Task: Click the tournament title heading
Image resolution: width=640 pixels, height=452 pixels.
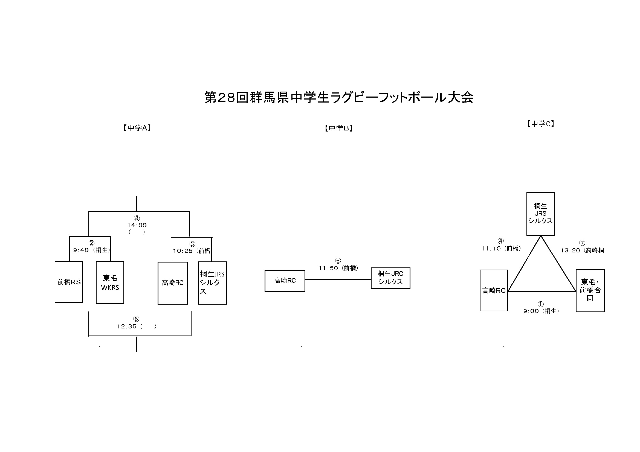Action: pyautogui.click(x=339, y=98)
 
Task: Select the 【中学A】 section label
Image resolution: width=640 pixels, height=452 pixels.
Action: pyautogui.click(x=137, y=128)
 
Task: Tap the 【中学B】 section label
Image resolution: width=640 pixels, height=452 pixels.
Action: pyautogui.click(x=339, y=128)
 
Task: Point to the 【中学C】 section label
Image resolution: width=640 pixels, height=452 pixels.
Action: pyautogui.click(x=540, y=124)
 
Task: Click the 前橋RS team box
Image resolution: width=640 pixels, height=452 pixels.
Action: pyautogui.click(x=69, y=282)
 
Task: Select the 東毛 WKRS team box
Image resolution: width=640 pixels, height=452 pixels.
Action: pyautogui.click(x=110, y=282)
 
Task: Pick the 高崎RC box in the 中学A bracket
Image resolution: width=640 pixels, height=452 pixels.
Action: pyautogui.click(x=173, y=283)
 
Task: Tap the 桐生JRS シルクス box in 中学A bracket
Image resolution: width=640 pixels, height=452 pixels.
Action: pyautogui.click(x=212, y=283)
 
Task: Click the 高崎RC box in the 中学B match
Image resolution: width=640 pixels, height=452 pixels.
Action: pyautogui.click(x=285, y=281)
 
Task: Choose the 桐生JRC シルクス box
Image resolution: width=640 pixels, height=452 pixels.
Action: pyautogui.click(x=390, y=278)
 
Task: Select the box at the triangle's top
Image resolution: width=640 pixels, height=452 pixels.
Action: pyautogui.click(x=540, y=214)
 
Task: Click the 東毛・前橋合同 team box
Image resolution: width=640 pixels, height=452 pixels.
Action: pyautogui.click(x=590, y=290)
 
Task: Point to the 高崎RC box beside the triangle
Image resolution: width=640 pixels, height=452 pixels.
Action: pyautogui.click(x=494, y=290)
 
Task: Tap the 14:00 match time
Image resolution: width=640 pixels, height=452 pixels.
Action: pyautogui.click(x=137, y=225)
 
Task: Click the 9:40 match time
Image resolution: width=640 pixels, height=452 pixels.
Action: pyautogui.click(x=81, y=250)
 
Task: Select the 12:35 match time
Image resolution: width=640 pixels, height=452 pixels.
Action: pyautogui.click(x=127, y=326)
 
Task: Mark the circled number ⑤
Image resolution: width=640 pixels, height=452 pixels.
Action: pyautogui.click(x=338, y=261)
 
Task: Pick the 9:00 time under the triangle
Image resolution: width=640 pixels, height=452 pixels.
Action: pyautogui.click(x=531, y=311)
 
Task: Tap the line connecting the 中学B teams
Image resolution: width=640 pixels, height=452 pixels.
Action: pyautogui.click(x=338, y=279)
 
